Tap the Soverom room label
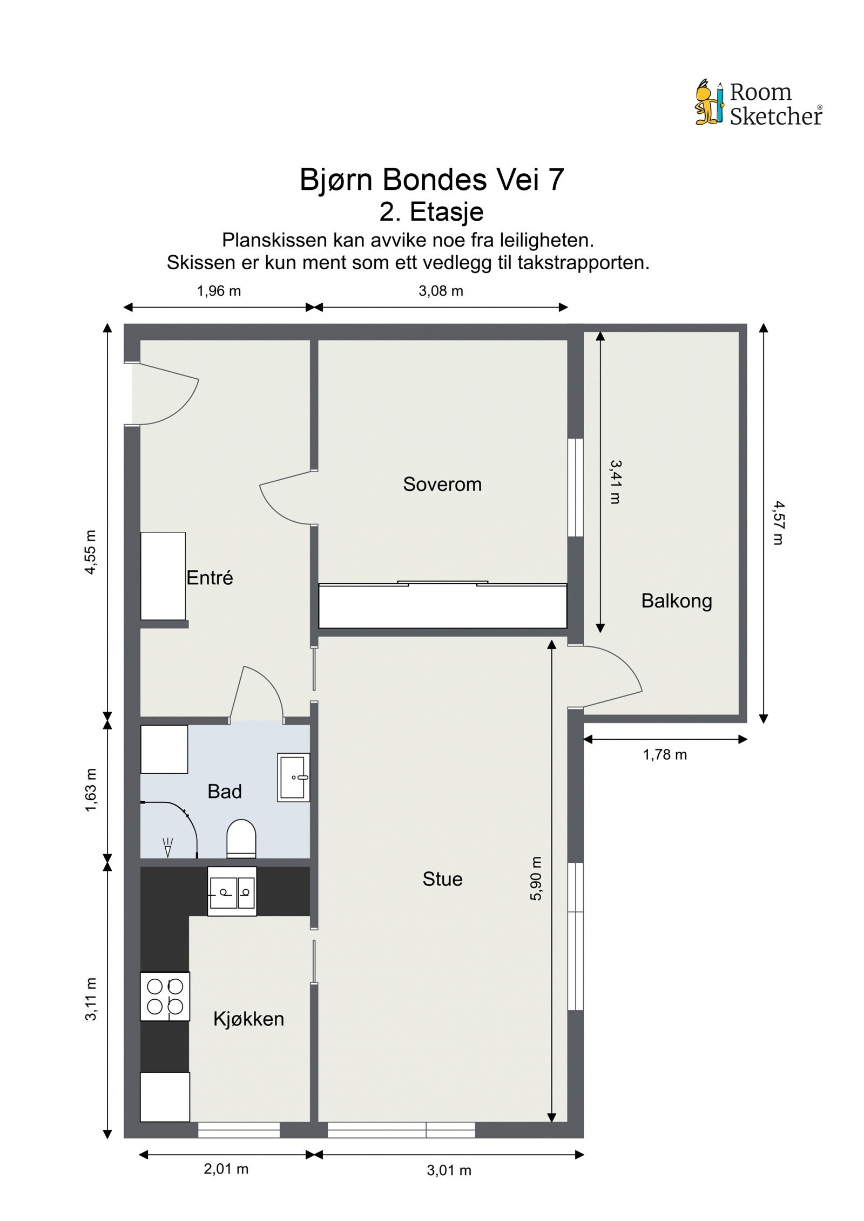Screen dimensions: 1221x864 click(442, 484)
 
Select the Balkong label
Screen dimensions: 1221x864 click(676, 601)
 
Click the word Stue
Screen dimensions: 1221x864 click(442, 879)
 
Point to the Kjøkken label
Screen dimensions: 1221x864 click(248, 1019)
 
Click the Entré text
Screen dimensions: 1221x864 click(210, 578)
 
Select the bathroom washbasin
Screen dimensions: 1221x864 click(293, 777)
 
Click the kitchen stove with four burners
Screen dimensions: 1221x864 click(165, 997)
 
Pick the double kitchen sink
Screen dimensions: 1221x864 click(232, 891)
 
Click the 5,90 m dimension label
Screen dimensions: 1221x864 click(535, 878)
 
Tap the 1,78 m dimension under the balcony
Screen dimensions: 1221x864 click(664, 755)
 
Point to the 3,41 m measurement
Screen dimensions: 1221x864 click(615, 481)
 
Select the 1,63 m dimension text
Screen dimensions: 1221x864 click(91, 790)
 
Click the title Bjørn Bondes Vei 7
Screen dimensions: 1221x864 click(431, 180)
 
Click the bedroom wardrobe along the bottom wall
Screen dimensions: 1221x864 click(442, 606)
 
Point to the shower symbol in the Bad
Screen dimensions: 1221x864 click(168, 847)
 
